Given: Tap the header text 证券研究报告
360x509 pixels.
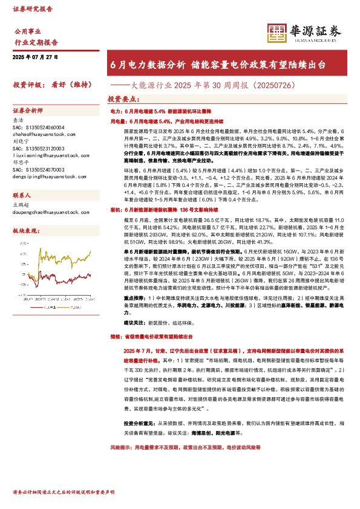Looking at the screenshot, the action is [33, 9].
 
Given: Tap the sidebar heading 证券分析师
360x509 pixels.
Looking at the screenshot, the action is [28, 111].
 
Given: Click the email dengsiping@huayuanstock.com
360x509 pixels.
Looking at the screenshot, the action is [44, 175].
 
